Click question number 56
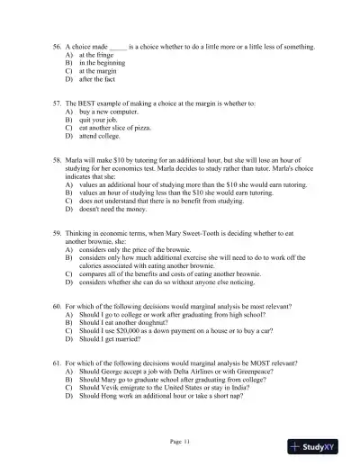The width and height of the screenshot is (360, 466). [56, 43]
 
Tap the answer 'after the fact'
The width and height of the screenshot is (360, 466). [95, 81]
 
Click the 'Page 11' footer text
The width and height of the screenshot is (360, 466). [180, 440]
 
